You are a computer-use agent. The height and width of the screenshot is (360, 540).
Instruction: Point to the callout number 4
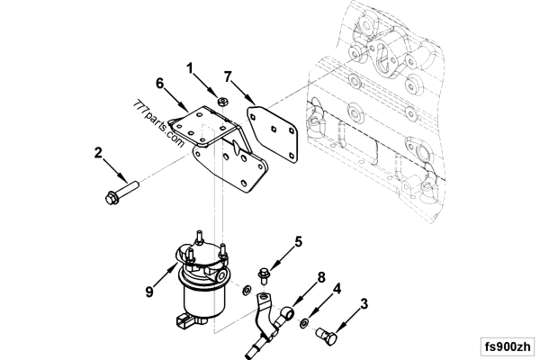337,289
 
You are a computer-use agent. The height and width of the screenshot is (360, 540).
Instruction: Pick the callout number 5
298,241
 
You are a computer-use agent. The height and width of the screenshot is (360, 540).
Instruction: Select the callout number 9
149,292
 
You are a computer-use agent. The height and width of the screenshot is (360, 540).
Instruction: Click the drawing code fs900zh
507,346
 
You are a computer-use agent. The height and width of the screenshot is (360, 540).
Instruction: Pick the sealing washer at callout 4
307,321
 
